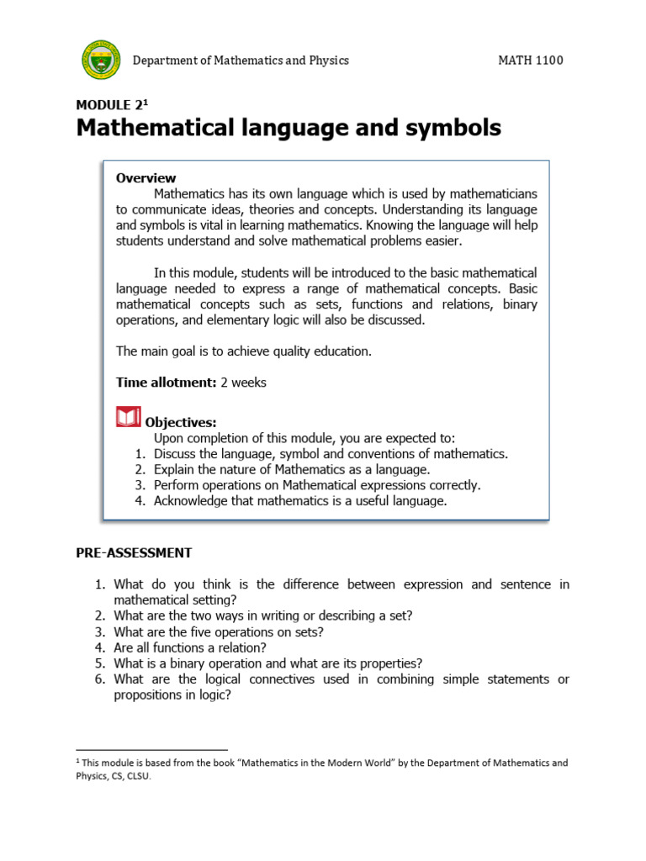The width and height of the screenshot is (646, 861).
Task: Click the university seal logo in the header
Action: (101, 60)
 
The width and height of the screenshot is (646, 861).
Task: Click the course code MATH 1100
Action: (530, 61)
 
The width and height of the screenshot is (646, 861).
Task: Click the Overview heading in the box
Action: (146, 177)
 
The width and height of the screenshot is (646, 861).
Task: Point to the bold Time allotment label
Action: (167, 383)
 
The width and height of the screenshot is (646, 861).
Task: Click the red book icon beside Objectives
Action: (128, 417)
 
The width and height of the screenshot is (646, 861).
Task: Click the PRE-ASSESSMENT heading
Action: (134, 552)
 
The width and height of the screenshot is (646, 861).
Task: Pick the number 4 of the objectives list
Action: (140, 501)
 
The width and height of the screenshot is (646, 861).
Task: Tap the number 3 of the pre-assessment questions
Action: (98, 631)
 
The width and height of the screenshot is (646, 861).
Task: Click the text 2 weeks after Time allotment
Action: (243, 383)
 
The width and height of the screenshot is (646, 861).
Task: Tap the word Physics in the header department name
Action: (327, 61)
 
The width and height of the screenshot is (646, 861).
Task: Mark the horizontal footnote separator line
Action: (151, 749)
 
